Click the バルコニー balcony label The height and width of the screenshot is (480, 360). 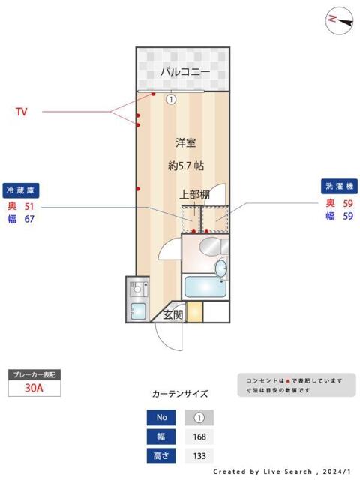point(183,72)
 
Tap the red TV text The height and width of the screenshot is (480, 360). point(22,112)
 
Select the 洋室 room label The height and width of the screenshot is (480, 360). point(186,142)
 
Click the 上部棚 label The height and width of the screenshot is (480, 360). point(194,195)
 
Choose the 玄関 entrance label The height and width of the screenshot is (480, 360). point(173,315)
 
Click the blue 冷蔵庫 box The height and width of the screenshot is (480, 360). point(20,190)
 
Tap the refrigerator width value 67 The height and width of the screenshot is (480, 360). point(30,219)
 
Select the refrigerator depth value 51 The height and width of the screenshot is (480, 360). point(30,205)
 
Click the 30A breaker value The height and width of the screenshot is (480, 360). point(33,388)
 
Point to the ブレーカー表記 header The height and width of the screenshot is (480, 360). point(32,373)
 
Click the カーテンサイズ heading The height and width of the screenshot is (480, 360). point(180,393)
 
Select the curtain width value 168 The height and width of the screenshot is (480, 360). point(199,436)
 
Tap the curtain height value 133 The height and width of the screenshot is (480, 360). point(199,455)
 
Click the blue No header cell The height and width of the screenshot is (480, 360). point(161,418)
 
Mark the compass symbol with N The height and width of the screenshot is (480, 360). point(339,20)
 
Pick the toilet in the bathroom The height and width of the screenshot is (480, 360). point(222,267)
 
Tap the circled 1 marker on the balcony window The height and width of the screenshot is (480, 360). point(171,98)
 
